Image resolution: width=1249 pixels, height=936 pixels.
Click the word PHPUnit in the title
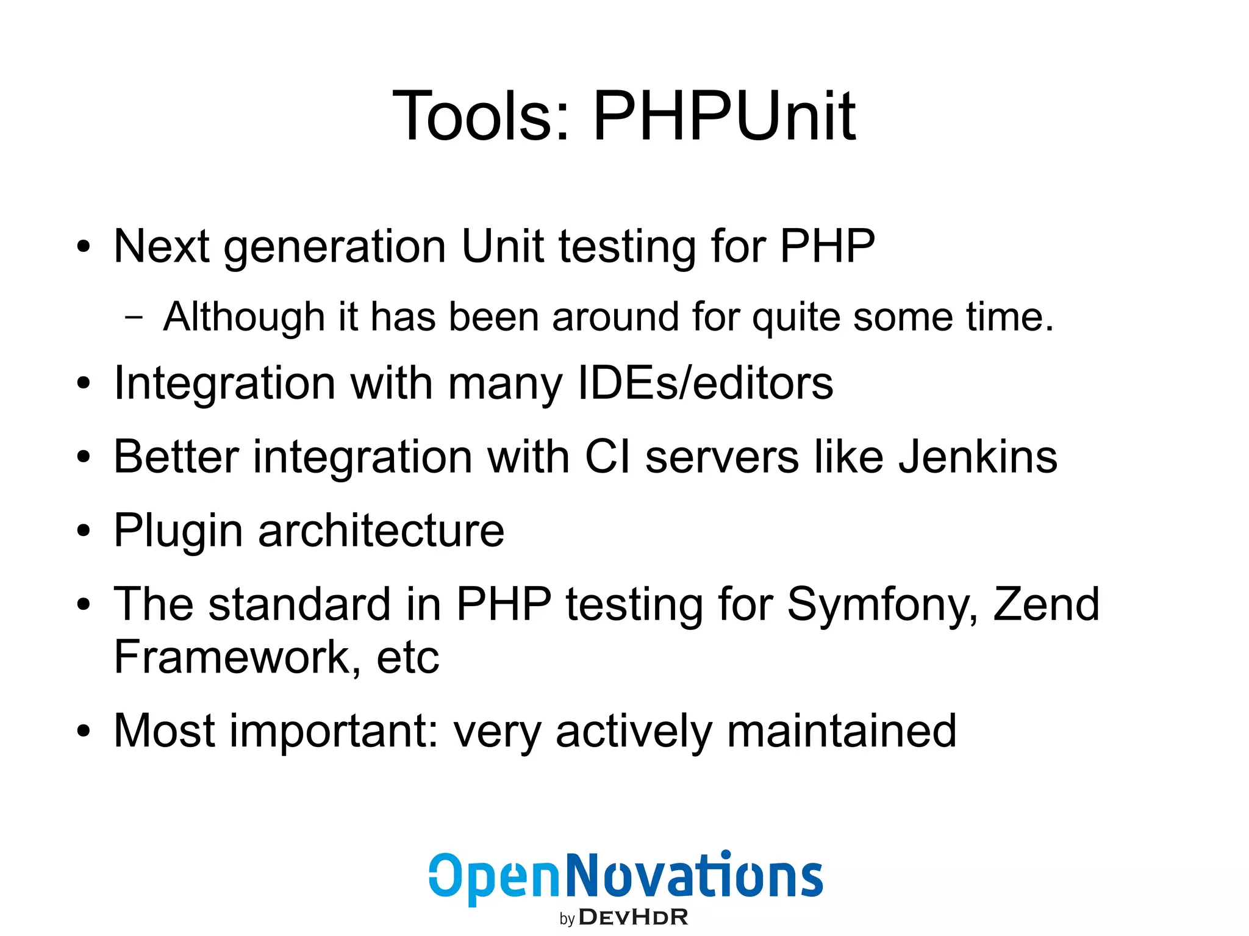coord(724,116)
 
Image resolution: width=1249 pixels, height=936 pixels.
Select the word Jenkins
coord(978,457)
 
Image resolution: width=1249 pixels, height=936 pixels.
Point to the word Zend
coord(1047,604)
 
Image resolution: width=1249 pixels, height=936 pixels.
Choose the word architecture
coord(381,531)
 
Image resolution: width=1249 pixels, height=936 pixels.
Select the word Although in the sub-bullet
coord(244,317)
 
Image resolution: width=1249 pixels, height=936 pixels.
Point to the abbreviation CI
coord(607,457)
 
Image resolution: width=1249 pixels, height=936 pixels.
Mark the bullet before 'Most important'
coord(84,731)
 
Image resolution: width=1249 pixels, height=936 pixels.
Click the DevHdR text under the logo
coord(633,918)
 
